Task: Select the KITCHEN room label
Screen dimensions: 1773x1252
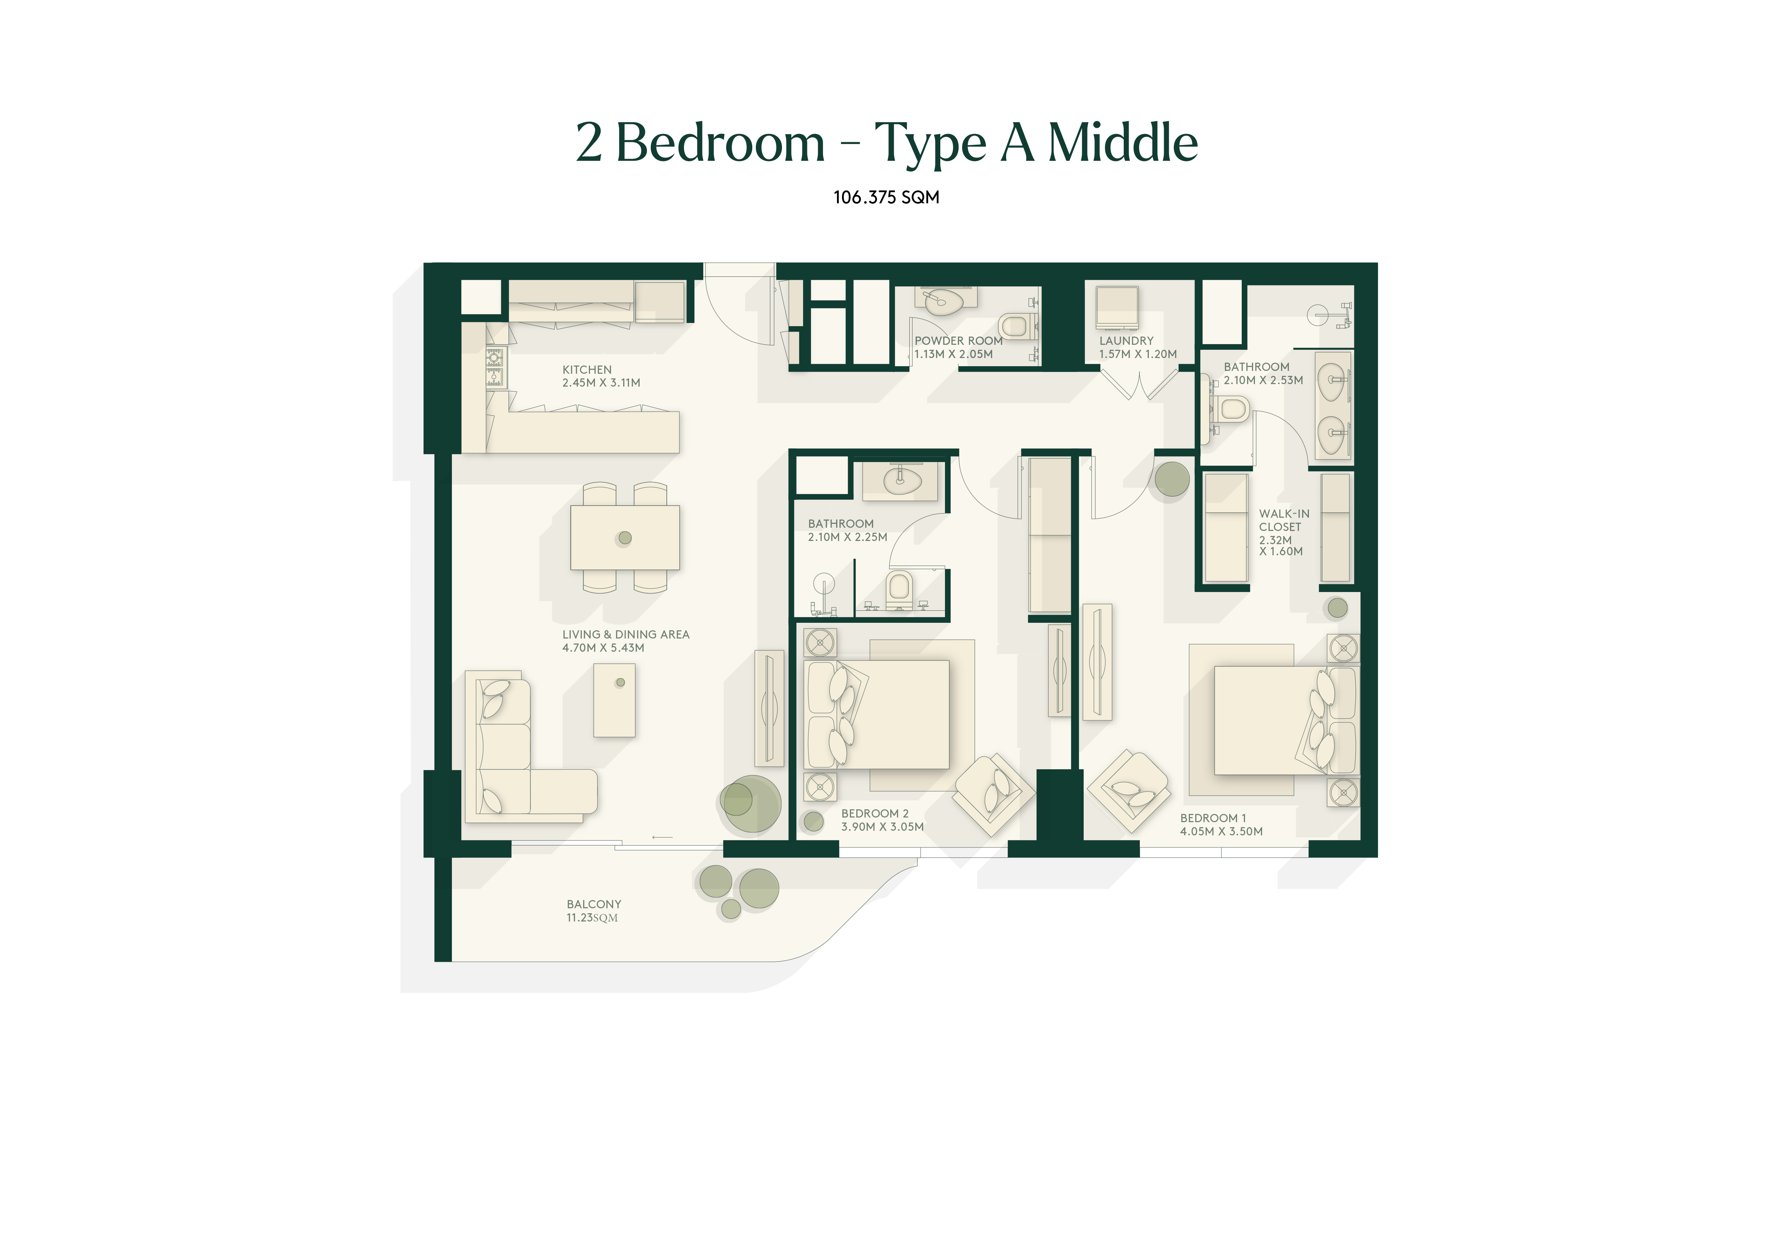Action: [587, 370]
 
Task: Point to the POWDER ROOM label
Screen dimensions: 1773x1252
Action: [958, 341]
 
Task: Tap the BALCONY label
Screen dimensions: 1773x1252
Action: [594, 904]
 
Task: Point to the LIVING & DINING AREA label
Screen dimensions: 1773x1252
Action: [625, 635]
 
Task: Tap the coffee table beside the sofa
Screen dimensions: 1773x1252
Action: [614, 700]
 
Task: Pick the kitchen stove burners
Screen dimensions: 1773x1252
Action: [494, 367]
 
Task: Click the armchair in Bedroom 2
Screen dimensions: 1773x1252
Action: [993, 795]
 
